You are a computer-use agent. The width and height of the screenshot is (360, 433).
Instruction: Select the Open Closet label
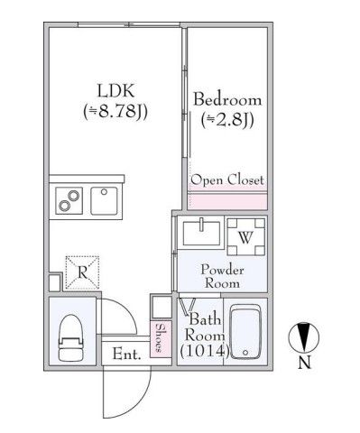pos(227,180)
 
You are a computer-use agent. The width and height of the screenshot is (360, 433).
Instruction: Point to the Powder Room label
pos(221,276)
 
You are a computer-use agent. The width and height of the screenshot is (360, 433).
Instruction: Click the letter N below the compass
pos(304,364)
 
